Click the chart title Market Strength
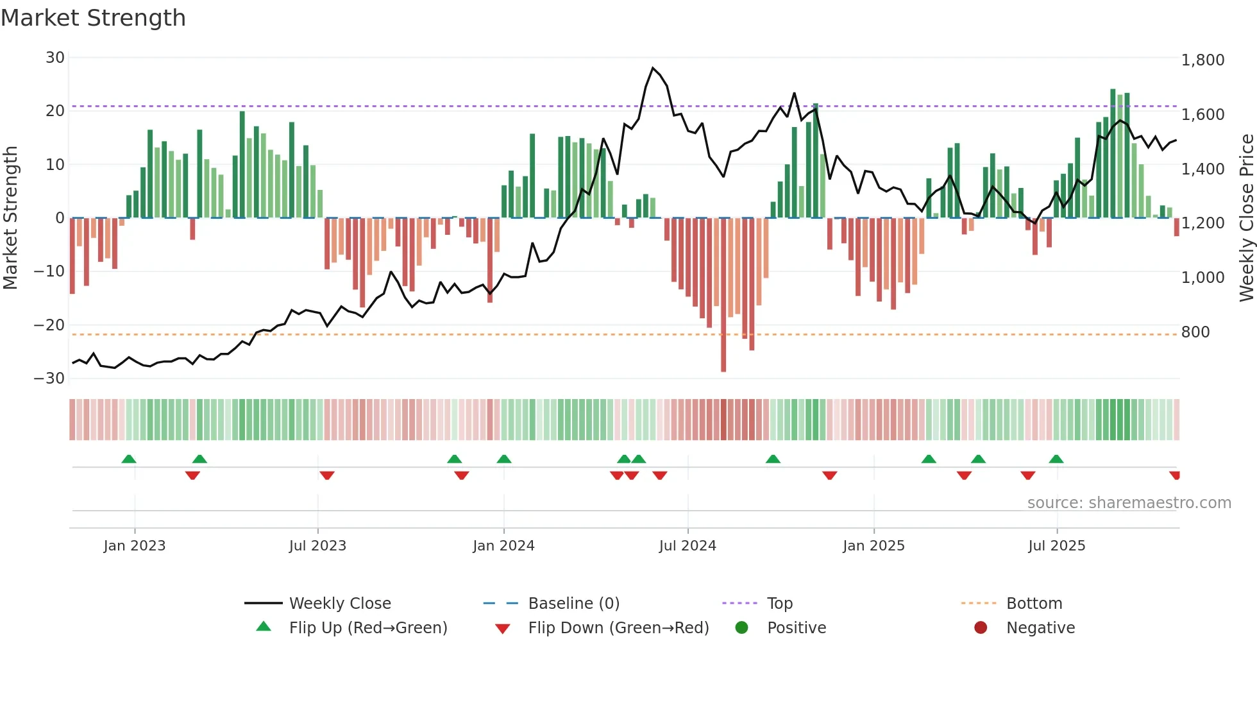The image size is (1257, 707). tap(93, 18)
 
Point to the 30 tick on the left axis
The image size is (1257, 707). tap(55, 58)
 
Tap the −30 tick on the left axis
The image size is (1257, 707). tap(50, 379)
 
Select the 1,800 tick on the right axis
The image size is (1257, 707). tap(1202, 60)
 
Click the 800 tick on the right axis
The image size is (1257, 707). tap(1195, 332)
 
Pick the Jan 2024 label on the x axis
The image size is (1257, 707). tap(503, 546)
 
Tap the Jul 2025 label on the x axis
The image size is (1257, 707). tap(1056, 546)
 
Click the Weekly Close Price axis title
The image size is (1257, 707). tap(1246, 218)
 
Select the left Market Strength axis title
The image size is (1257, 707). tap(10, 218)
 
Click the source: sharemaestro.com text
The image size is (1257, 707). tap(1129, 503)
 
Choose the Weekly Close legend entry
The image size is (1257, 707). tap(339, 604)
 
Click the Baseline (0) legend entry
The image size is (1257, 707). tap(573, 604)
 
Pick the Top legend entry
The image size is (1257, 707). tap(779, 604)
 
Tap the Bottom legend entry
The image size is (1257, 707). tap(1034, 604)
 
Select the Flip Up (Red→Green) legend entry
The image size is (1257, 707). tap(367, 628)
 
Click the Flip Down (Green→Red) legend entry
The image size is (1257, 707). tap(618, 628)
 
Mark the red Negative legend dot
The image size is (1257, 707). tap(981, 628)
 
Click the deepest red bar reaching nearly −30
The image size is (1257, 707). tap(723, 295)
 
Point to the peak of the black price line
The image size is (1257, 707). tap(653, 68)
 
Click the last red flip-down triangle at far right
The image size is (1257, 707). tap(1175, 475)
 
